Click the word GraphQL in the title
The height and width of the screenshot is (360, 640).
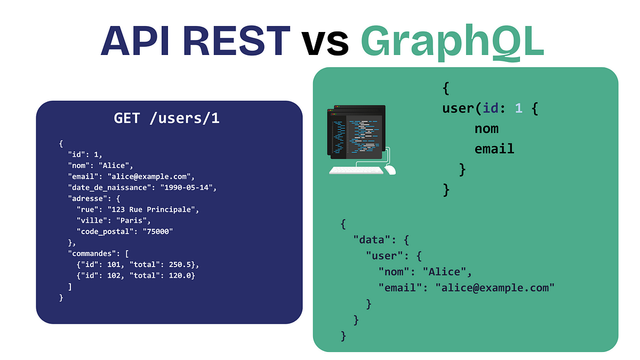452,42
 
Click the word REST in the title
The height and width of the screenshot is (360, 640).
236,41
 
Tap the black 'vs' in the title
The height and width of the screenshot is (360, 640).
325,43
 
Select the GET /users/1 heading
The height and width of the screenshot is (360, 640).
166,118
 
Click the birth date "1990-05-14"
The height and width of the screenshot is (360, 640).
186,187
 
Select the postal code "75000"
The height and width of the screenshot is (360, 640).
158,231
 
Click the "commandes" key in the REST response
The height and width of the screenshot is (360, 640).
94,253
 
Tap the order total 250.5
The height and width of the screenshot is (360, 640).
179,265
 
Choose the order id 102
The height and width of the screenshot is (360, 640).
114,275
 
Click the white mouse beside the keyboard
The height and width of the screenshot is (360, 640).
390,170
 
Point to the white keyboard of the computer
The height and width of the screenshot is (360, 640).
356,171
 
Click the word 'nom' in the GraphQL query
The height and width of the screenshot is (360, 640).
486,129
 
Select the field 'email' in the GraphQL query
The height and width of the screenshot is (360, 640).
494,149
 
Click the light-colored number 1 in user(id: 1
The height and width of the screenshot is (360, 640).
518,108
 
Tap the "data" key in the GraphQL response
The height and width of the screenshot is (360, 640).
372,239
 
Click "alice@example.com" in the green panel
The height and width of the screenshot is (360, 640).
495,287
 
